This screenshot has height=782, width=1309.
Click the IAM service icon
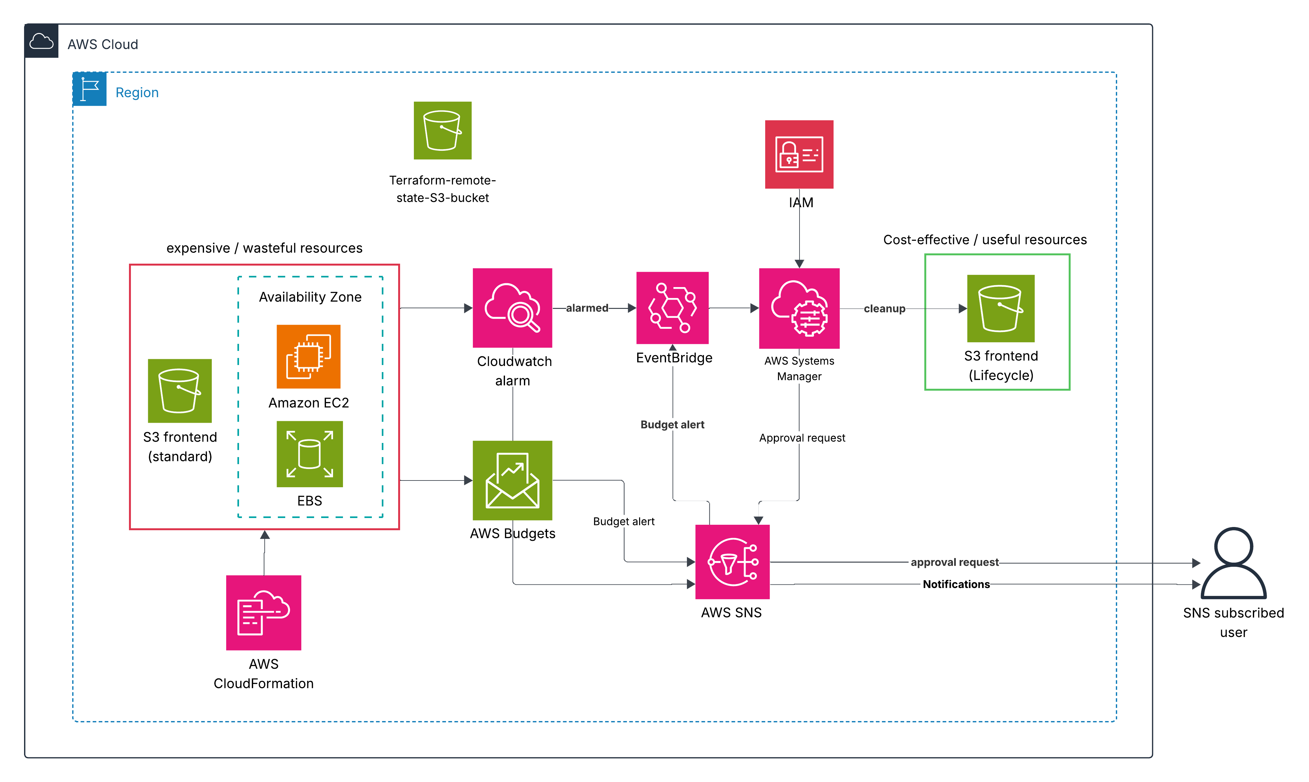tap(799, 154)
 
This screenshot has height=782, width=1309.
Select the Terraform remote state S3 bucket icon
tap(442, 131)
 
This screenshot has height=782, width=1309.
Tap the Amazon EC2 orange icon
tap(308, 357)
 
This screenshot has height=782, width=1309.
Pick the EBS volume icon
tap(309, 454)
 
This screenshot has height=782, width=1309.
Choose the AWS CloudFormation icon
tap(263, 612)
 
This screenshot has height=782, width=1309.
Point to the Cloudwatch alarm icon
tap(512, 308)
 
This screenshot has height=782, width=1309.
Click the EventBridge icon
tap(672, 308)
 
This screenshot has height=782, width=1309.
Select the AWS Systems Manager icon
tap(799, 308)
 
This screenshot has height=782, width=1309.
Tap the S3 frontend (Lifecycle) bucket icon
tap(1000, 308)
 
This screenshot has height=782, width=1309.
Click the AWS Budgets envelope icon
tap(512, 480)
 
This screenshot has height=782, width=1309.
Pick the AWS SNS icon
tap(732, 562)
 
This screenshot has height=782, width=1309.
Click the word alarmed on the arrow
tap(587, 308)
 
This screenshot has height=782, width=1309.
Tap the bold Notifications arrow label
tap(956, 584)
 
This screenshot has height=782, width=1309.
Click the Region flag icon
tap(90, 89)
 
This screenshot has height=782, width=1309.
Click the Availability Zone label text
tap(310, 297)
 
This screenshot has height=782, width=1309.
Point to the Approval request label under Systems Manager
tap(801, 438)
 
